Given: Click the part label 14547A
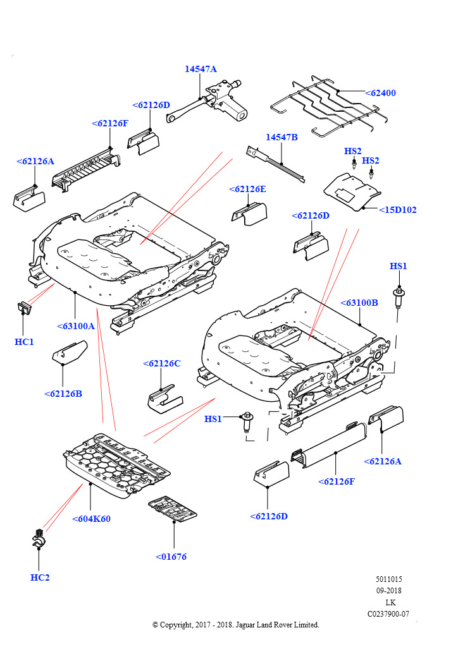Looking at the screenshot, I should click(201, 69).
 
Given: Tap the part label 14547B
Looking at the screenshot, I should click(282, 137).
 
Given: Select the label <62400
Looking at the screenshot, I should click(380, 93).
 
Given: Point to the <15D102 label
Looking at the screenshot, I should click(398, 210).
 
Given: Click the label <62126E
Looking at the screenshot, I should click(247, 189).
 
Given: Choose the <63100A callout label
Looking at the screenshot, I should click(75, 326).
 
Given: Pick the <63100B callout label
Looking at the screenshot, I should click(359, 303).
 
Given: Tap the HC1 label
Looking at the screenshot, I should click(24, 342).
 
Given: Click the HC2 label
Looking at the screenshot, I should click(39, 577).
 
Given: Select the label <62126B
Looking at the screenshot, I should click(63, 394).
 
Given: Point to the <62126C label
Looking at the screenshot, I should click(161, 363).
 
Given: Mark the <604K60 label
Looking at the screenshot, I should click(91, 519).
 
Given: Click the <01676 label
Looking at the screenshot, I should click(171, 557).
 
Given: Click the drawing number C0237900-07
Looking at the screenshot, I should click(388, 614).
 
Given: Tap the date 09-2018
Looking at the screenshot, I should click(388, 591).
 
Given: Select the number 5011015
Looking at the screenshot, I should click(388, 579).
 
